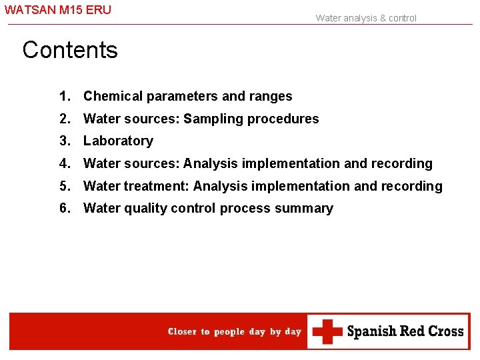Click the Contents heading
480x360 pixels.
[x=70, y=50]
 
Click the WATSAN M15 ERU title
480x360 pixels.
[x=58, y=11]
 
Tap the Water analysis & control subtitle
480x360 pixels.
[x=366, y=18]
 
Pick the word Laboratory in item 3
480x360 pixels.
[x=118, y=141]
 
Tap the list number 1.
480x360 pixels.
[x=64, y=96]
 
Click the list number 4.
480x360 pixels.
[x=64, y=163]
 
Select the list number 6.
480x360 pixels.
[x=64, y=208]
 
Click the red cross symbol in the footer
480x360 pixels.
[x=327, y=331]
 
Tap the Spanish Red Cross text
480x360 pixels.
[x=405, y=331]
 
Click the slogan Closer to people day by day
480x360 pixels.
[x=235, y=331]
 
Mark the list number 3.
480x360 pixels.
[x=64, y=141]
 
